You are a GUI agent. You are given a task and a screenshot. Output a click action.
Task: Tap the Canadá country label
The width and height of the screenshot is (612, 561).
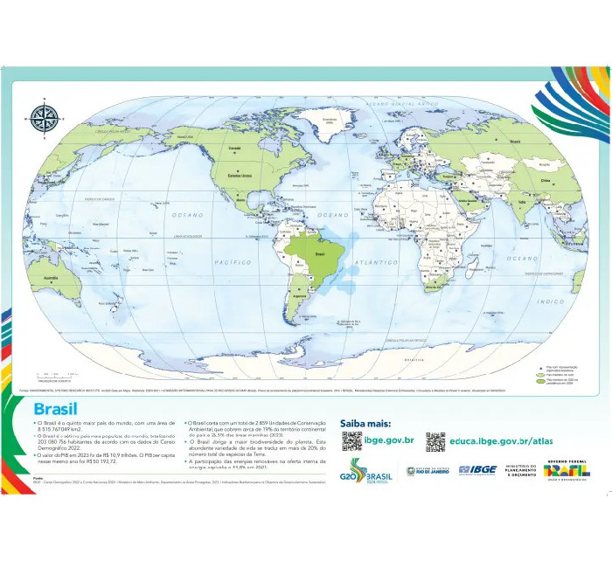[233, 149]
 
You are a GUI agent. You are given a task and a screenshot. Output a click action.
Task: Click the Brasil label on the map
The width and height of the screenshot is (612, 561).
[319, 253]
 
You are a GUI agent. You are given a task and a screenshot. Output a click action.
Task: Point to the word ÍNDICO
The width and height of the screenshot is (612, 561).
[551, 302]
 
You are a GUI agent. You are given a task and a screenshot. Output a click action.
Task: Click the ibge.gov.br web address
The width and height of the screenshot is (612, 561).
[389, 441]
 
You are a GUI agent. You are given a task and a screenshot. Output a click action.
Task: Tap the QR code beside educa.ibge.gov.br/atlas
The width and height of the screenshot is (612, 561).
[435, 441]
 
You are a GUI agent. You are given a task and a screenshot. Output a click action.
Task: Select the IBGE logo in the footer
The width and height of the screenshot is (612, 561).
[479, 470]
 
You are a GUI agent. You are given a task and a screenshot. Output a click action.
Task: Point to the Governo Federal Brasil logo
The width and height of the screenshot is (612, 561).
[567, 469]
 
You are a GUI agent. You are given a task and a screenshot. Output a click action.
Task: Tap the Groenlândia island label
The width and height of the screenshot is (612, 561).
[329, 119]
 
